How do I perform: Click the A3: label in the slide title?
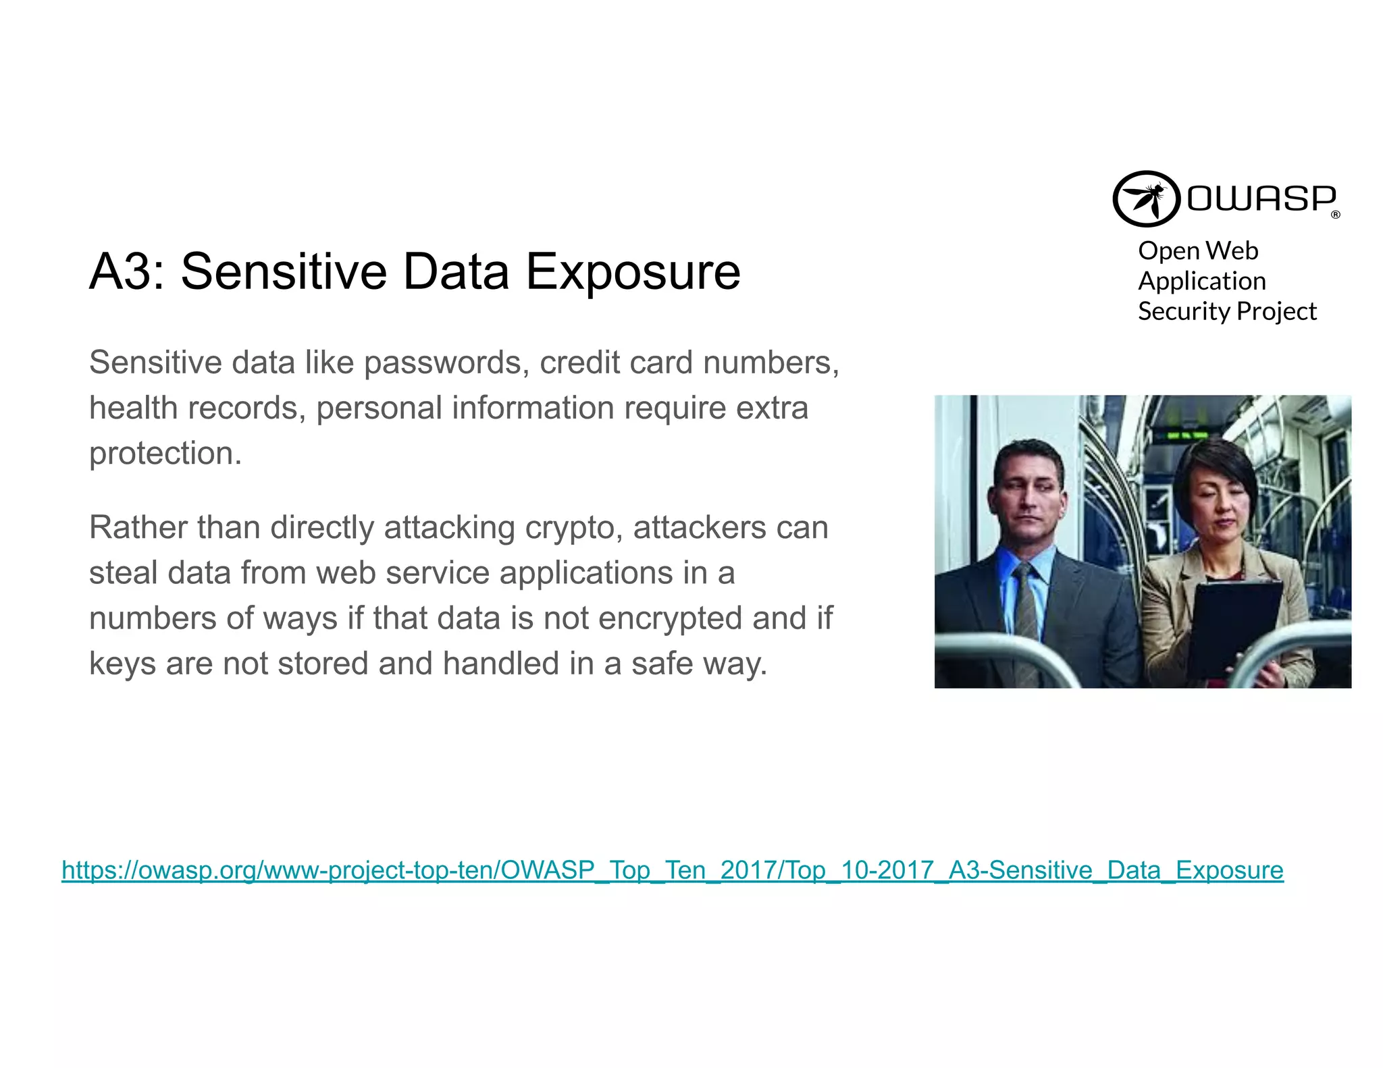pyautogui.click(x=126, y=271)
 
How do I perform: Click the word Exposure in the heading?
pyautogui.click(x=633, y=271)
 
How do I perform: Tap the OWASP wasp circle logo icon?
pyautogui.click(x=1145, y=198)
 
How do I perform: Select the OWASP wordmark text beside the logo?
pyautogui.click(x=1261, y=198)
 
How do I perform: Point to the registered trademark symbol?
pyautogui.click(x=1335, y=215)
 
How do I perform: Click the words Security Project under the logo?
pyautogui.click(x=1226, y=311)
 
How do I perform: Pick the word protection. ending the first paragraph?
pyautogui.click(x=165, y=453)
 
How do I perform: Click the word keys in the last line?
pyautogui.click(x=122, y=664)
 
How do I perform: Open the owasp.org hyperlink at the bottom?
pyautogui.click(x=672, y=870)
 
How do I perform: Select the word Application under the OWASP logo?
pyautogui.click(x=1201, y=281)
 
